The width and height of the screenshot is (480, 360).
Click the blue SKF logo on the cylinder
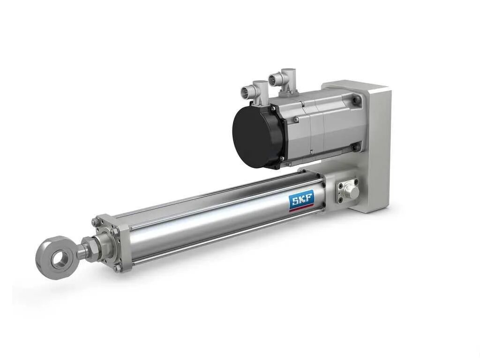pos(301,201)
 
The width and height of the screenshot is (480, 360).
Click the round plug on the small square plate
pos(351,192)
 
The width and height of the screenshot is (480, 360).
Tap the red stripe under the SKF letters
pos(301,209)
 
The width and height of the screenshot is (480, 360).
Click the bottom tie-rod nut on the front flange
pos(118,268)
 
